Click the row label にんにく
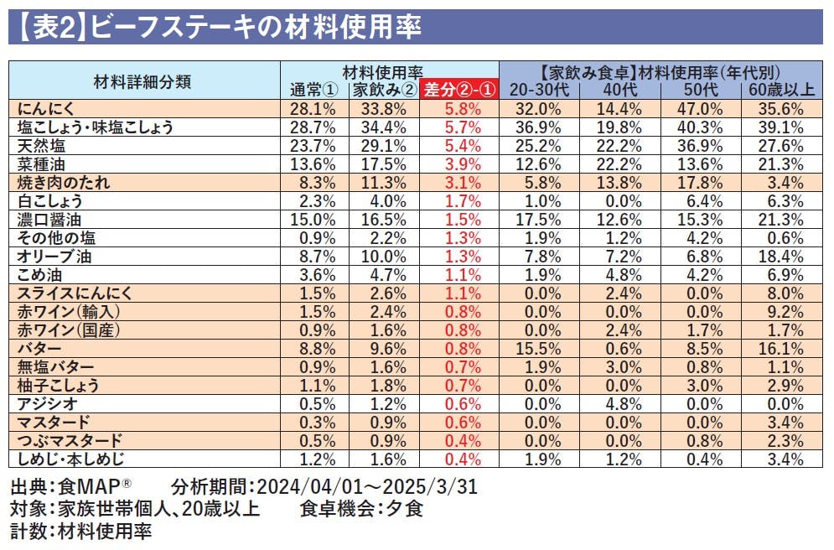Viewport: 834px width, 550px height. (46, 109)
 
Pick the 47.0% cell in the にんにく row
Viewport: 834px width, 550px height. (699, 109)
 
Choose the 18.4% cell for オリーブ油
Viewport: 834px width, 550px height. (781, 256)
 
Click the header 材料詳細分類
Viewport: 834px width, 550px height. (142, 81)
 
